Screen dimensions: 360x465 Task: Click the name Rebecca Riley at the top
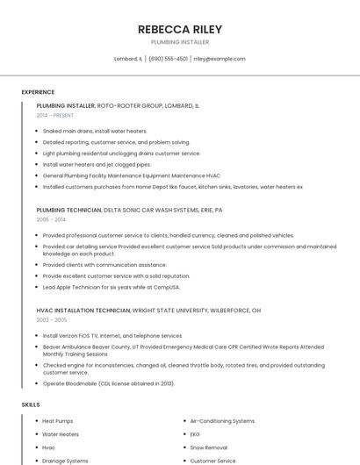tap(180, 29)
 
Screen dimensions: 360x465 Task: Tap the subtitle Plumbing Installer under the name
tap(180, 42)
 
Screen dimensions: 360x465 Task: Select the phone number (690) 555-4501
tap(168, 59)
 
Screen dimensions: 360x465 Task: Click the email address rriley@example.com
tap(220, 59)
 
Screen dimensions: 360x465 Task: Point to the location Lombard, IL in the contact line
tap(128, 59)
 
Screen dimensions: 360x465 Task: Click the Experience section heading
tap(38, 92)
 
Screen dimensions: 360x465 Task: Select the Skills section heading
tap(31, 404)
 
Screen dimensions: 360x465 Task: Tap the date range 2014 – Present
tap(56, 115)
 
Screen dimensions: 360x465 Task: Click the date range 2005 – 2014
tap(51, 220)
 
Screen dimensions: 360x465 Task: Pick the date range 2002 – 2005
tap(51, 320)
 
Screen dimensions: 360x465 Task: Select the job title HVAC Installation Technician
tap(83, 311)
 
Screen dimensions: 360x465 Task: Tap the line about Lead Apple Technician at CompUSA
tap(111, 287)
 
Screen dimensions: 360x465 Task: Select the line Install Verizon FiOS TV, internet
tap(112, 335)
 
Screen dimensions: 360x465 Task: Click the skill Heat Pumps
tap(58, 421)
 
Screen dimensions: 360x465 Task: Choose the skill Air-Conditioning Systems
tap(222, 421)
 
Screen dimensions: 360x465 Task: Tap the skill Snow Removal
tap(208, 447)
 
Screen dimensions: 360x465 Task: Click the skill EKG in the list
tap(195, 434)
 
